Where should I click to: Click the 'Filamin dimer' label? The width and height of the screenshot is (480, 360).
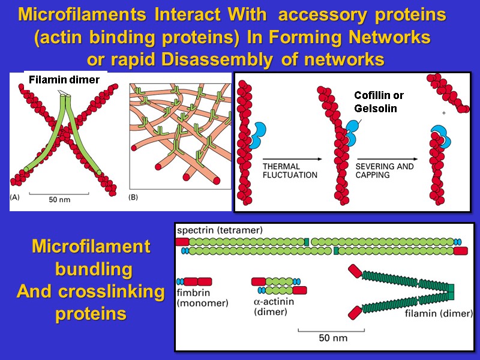64,80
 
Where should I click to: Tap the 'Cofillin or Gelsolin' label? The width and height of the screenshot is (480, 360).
379,102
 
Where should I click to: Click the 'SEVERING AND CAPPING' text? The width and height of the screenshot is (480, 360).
385,170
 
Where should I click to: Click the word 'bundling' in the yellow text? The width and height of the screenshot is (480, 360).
94,269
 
